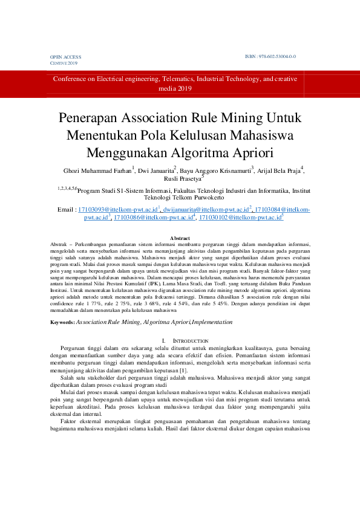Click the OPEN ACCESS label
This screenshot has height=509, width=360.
pos(65,57)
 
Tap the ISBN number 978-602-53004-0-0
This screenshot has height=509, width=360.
pos(271,56)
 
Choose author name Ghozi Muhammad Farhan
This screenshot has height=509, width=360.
pos(97,170)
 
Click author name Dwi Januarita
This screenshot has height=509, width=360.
pos(155,170)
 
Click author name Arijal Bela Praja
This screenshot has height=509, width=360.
pos(279,170)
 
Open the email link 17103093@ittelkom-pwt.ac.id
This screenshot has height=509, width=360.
pos(117,209)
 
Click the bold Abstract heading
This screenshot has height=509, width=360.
pos(180,238)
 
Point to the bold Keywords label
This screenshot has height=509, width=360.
pos(63,323)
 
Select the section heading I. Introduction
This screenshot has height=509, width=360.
pos(179,342)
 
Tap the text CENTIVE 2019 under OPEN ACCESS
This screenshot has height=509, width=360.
pos(64,63)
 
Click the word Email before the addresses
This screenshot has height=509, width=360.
pos(65,209)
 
